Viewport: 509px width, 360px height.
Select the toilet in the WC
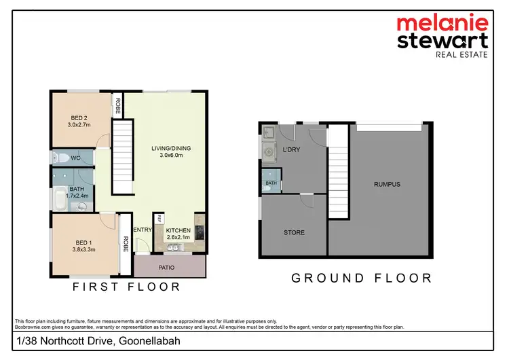coord(62,158)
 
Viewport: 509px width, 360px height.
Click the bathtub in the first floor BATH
coord(59,199)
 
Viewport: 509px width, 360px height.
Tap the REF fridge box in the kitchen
coord(159,219)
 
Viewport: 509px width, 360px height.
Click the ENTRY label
coord(143,230)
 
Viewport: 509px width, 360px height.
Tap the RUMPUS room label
coord(387,184)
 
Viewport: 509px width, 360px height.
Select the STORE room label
coord(295,232)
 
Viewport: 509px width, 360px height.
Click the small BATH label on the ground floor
coord(271,183)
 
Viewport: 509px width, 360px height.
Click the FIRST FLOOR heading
coord(127,287)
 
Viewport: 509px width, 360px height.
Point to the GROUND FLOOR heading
coord(361,278)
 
